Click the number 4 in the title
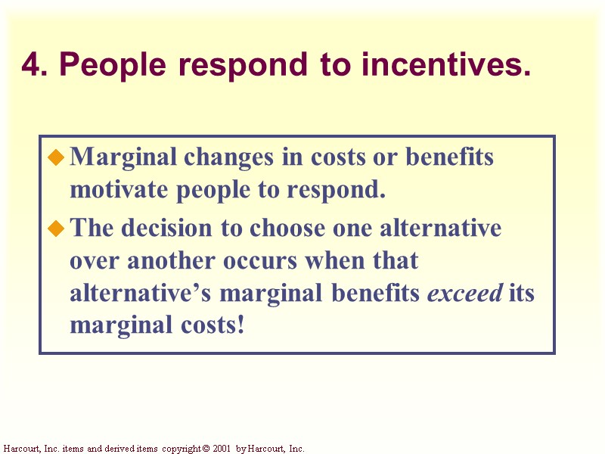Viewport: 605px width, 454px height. (30, 66)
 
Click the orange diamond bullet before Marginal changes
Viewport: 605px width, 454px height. (56, 157)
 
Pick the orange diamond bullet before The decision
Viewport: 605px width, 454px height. (56, 229)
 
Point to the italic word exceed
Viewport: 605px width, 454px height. (465, 294)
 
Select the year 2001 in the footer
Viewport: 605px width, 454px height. (221, 449)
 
